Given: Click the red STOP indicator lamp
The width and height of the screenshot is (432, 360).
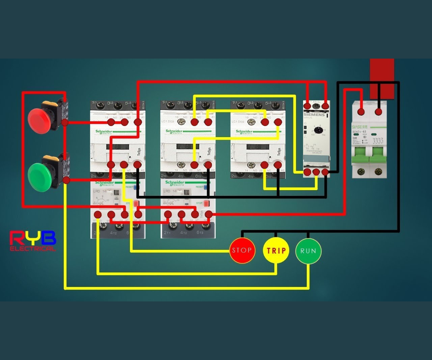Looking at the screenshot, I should pos(242,250).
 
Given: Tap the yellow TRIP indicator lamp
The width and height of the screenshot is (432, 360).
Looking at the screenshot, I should pos(276,250).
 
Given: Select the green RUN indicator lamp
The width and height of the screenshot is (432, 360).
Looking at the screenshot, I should pos(308,250).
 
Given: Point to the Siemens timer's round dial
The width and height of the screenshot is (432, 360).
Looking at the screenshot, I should pos(316,130).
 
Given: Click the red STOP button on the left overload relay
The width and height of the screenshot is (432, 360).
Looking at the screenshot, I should pos(136,204).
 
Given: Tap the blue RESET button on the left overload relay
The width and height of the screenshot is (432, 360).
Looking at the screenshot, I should pos(136,187).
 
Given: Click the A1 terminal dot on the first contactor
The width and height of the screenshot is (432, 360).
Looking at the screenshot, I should pos(138,122).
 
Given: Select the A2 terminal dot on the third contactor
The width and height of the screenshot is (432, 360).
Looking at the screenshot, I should pos(278,165).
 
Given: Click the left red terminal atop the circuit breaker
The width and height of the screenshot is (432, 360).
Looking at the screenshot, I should pos(361,112).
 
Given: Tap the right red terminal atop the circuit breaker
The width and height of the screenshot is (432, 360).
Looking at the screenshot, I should pos(378,112).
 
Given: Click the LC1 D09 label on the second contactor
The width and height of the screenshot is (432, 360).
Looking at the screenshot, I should pos(171,122).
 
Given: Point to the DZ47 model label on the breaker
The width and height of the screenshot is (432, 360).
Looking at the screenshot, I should pos(361,132).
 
